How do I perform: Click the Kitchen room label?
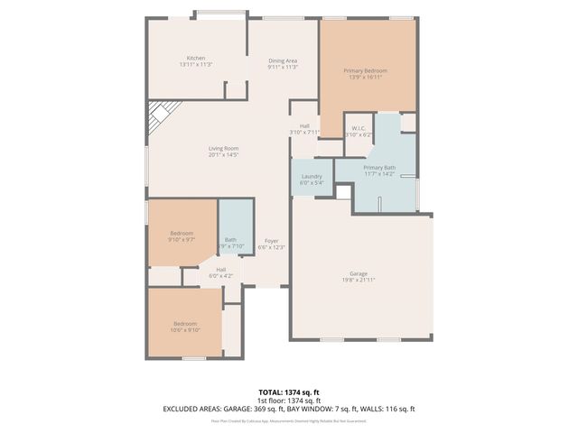coord(196,58)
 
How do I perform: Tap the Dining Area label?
coord(283,60)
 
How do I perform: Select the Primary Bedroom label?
coord(368,69)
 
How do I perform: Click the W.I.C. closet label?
coord(359,129)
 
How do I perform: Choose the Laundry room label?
coord(312,177)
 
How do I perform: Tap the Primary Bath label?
coord(379,168)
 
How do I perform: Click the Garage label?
coord(359,273)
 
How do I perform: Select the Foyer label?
coord(271,241)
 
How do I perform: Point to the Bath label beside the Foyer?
coord(230,239)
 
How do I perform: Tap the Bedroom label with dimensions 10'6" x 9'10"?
coord(186,323)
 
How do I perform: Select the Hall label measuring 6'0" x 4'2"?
coord(220,269)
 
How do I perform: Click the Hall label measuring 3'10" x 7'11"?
coord(304,126)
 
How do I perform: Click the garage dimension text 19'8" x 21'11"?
coord(359,280)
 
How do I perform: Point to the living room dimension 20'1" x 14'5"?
coord(223,155)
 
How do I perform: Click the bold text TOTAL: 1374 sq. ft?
coord(289,392)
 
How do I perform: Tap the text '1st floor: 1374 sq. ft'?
coord(289,400)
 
